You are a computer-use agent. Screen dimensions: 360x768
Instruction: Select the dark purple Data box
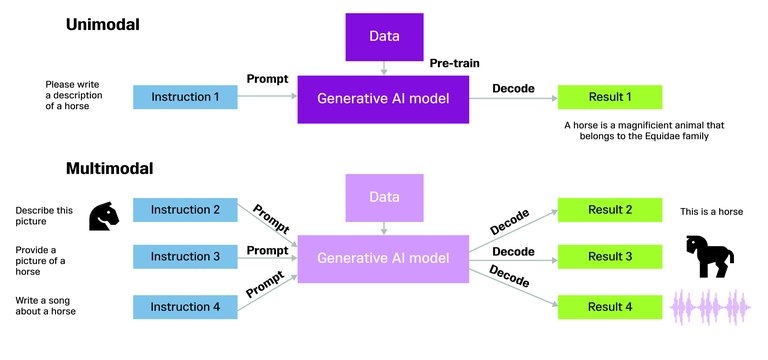point(384,37)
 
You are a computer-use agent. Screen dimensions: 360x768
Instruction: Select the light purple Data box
point(384,198)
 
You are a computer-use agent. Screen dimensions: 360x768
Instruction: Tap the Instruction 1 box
point(185,97)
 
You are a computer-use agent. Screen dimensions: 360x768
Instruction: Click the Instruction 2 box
point(185,210)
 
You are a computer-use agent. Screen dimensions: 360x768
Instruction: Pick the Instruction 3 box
point(185,257)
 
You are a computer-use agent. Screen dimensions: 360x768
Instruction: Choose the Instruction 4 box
point(185,305)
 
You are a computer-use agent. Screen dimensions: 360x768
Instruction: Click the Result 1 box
point(609,97)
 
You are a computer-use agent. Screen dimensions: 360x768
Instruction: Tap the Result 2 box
point(609,210)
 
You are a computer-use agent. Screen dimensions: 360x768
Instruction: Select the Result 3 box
point(609,257)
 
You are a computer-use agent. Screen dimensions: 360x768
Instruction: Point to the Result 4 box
point(609,305)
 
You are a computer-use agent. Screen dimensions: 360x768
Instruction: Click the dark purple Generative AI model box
point(384,98)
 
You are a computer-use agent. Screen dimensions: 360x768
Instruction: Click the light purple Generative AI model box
point(384,258)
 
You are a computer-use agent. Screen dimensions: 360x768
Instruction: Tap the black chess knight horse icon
point(104,214)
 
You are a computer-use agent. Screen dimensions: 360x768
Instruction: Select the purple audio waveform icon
point(711,306)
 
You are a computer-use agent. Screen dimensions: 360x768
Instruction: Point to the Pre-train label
point(456,64)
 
